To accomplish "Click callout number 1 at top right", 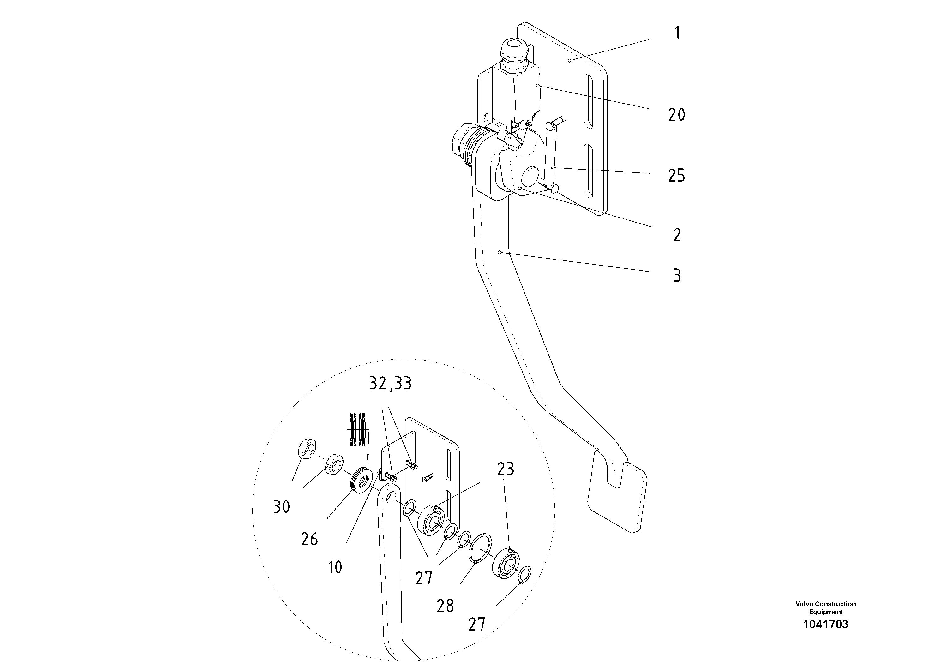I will tap(677, 33).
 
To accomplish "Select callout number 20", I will tap(676, 115).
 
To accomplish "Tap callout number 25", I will tap(676, 176).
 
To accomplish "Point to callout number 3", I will tap(677, 276).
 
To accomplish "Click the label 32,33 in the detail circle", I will tap(390, 384).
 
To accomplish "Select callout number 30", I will tap(282, 507).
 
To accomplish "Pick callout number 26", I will tap(309, 540).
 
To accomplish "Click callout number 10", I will tap(335, 567).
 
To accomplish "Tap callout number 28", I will tap(445, 606).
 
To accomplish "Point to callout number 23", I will tap(506, 469).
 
